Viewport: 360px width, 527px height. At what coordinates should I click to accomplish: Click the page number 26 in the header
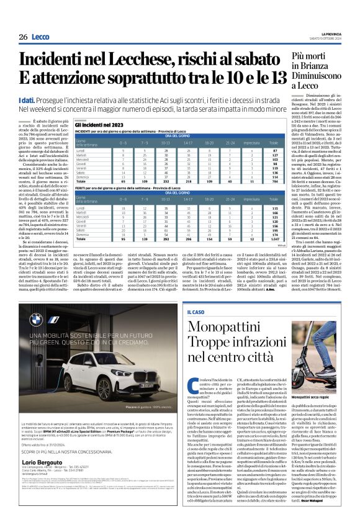point(23,37)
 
